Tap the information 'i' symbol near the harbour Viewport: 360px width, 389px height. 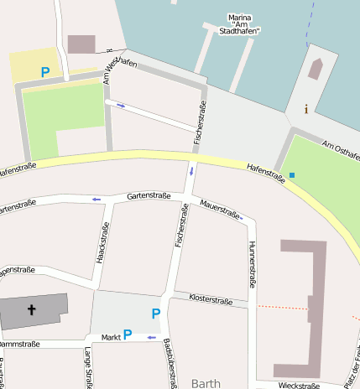(306, 108)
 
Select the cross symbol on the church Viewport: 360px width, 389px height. (33, 310)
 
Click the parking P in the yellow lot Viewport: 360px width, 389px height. (45, 73)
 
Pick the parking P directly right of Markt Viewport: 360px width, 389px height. (128, 334)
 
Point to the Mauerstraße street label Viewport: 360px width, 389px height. (221, 210)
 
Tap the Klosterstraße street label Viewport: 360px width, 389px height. (211, 298)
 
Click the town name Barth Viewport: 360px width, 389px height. (206, 383)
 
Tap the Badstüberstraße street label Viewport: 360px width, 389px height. (170, 366)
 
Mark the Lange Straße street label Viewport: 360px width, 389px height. (87, 368)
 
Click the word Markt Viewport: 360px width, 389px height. (111, 337)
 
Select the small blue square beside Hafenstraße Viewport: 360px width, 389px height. (292, 174)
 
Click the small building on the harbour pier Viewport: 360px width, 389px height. (316, 69)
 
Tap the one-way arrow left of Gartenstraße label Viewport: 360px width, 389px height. (97, 199)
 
